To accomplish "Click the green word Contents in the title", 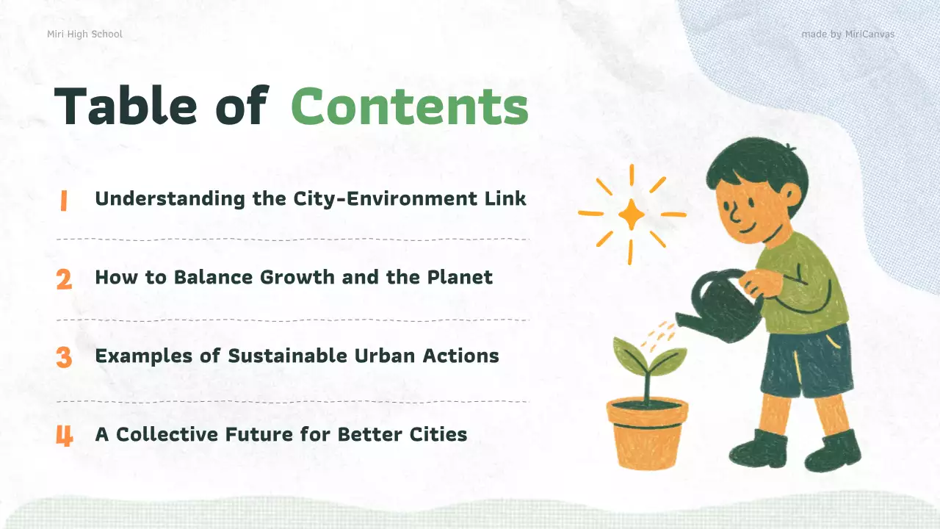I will (x=410, y=107).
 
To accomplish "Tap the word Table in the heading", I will (x=126, y=107).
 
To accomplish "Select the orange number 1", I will (x=63, y=201).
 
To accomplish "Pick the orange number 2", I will (x=64, y=279).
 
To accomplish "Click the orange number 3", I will (x=64, y=358).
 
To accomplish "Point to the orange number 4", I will (x=64, y=436).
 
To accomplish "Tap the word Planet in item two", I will (x=460, y=278).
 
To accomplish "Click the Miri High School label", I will (x=84, y=35).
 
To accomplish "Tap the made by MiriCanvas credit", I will (x=847, y=35).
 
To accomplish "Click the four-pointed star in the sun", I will (x=631, y=215).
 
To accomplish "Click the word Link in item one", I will (x=508, y=198).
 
